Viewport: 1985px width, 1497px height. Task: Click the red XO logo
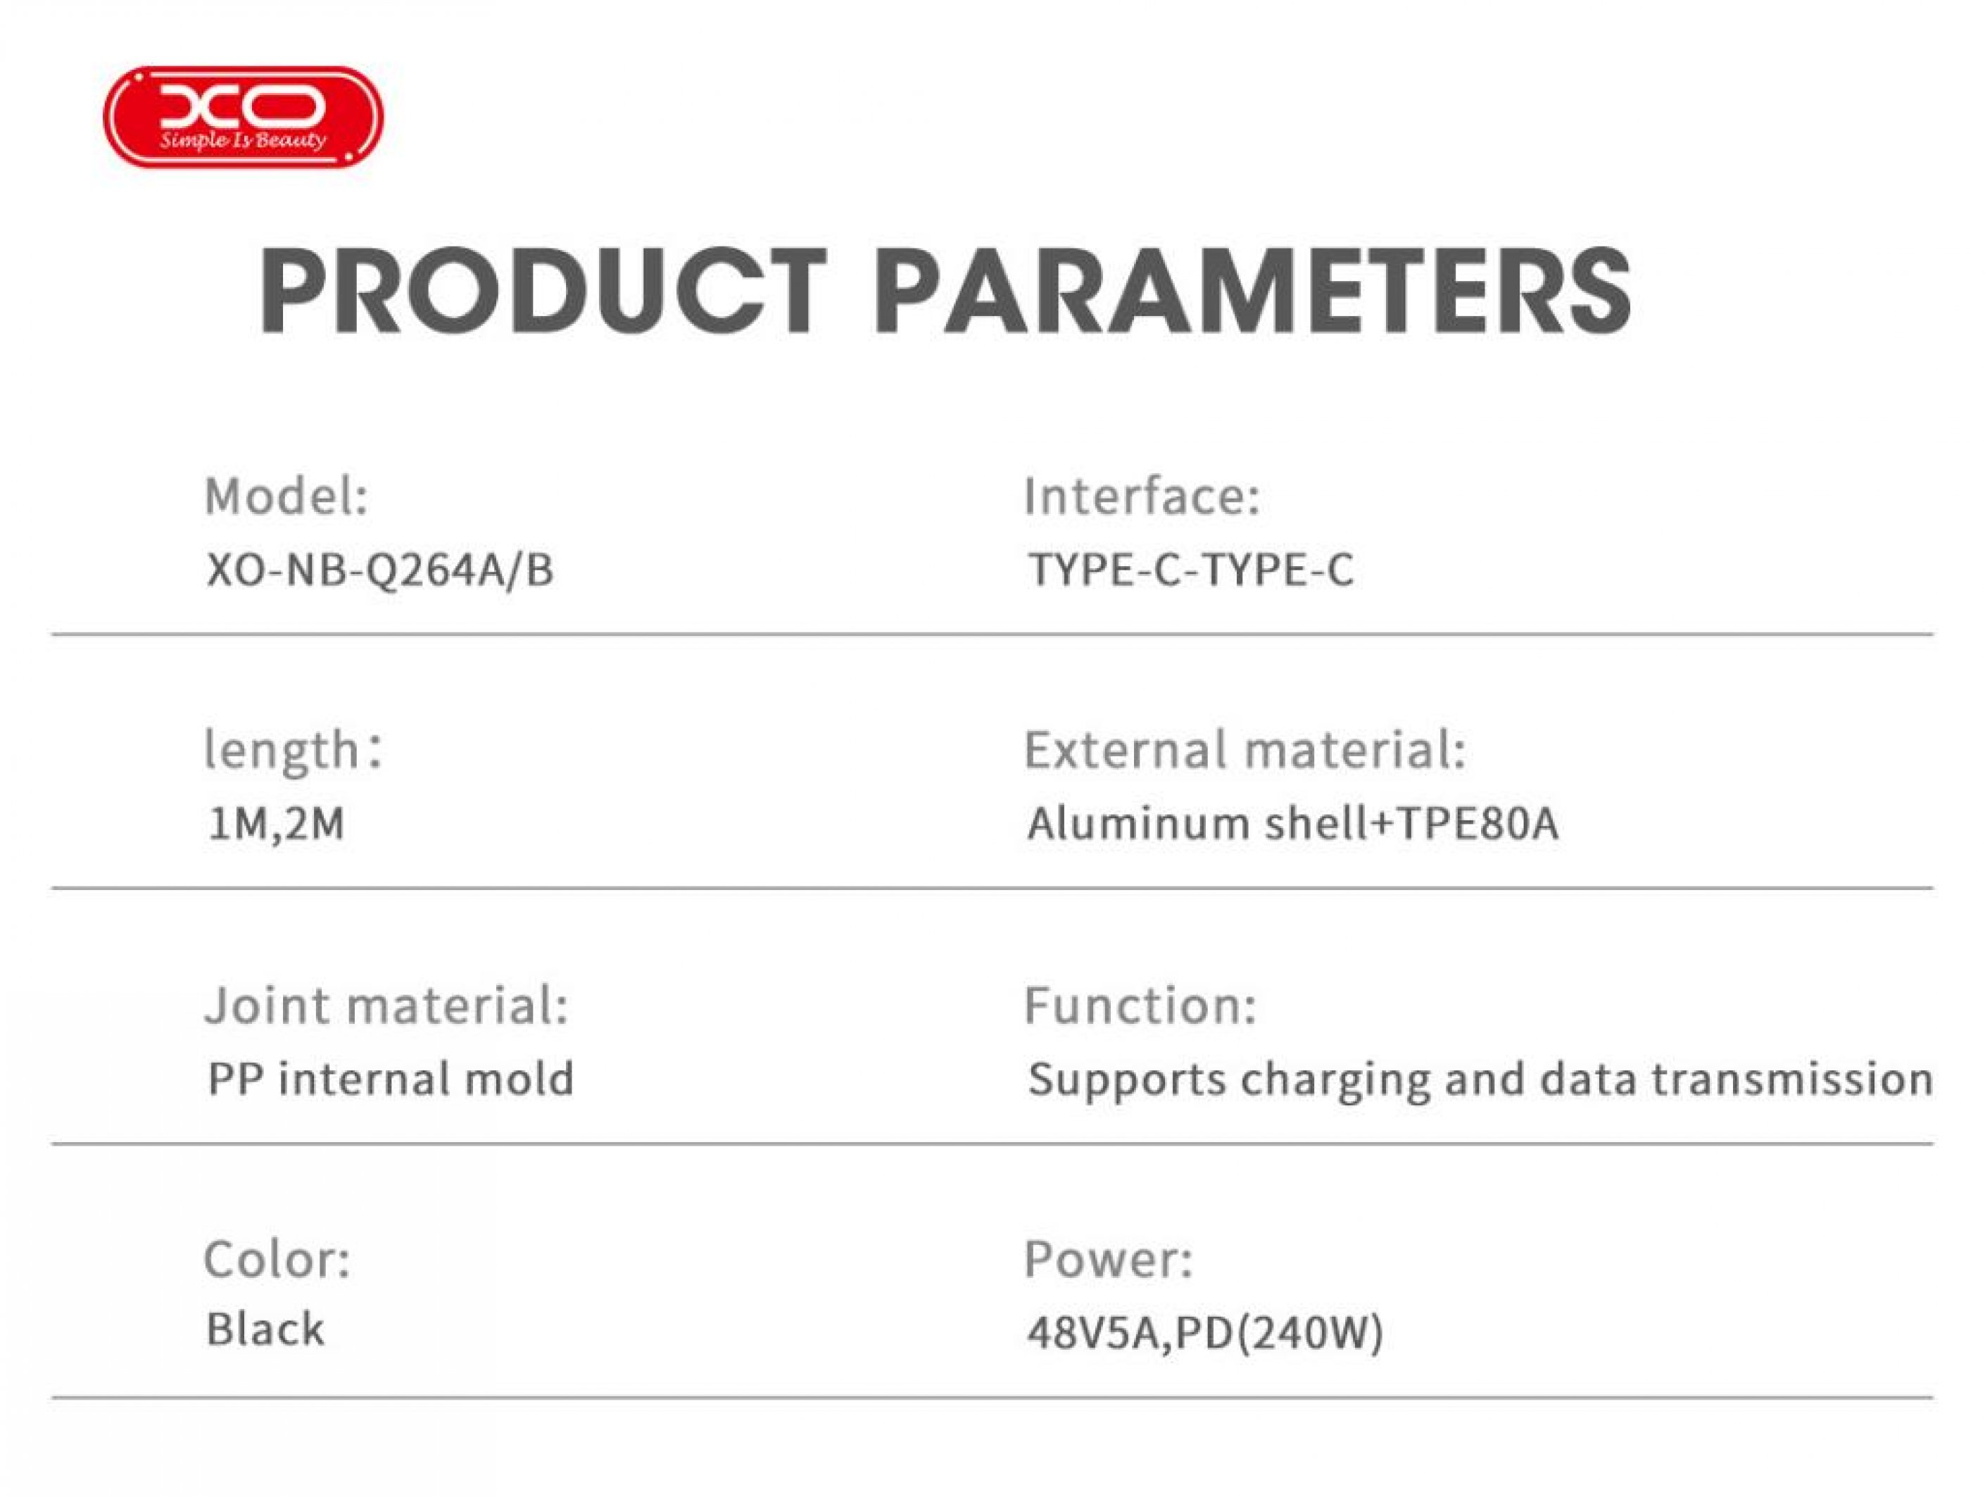[x=243, y=117]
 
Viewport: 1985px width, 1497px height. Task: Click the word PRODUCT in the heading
[x=543, y=291]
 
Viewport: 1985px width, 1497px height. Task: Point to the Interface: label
[x=1142, y=496]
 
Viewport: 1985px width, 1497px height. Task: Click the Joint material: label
[x=386, y=1006]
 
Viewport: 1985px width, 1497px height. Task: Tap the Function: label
[x=1140, y=1006]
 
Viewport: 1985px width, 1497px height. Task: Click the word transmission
[x=1792, y=1079]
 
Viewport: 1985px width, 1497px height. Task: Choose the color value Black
[x=265, y=1329]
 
